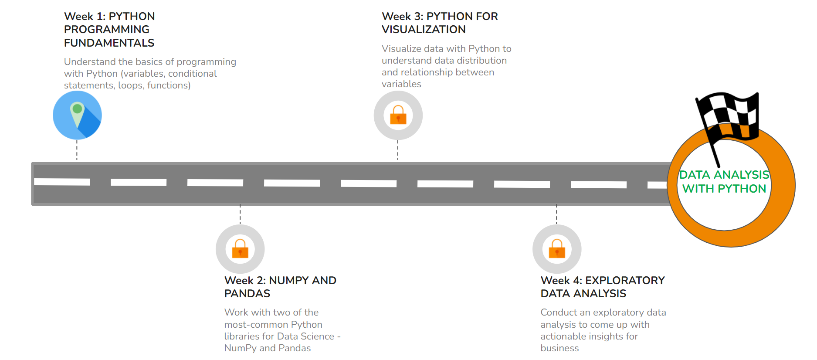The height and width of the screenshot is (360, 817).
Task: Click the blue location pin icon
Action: coord(77,115)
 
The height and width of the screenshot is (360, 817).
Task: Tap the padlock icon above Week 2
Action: coord(240,249)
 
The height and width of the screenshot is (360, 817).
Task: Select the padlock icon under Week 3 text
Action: coord(398,115)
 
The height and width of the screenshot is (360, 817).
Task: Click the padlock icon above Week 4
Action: coord(557,249)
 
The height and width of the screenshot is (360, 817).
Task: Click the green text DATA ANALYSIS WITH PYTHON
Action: coord(724,182)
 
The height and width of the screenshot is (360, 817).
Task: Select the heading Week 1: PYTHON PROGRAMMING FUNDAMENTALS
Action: coord(109,30)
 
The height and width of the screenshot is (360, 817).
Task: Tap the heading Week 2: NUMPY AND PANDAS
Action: coord(280,287)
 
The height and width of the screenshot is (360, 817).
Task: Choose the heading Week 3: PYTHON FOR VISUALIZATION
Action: coord(439,23)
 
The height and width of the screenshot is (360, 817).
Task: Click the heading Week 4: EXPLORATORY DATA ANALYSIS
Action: coord(602,287)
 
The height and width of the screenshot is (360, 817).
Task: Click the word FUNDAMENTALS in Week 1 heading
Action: coord(109,43)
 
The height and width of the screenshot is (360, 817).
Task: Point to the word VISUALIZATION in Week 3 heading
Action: coord(424,30)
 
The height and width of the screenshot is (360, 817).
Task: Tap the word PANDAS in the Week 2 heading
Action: coord(247,294)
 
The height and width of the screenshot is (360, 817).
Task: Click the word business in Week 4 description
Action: coord(559,348)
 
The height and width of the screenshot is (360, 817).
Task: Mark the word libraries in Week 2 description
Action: coord(241,336)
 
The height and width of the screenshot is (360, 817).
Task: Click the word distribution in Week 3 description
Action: coord(479,61)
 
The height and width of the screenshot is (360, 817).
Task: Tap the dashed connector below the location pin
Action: coord(77,150)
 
